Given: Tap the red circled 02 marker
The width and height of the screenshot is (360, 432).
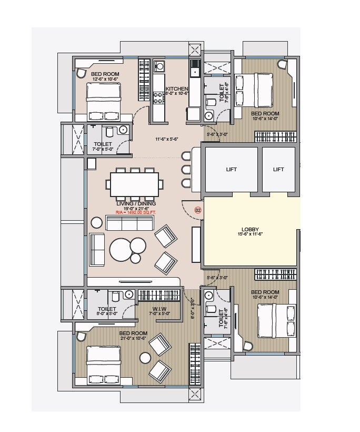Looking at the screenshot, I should click(198, 210).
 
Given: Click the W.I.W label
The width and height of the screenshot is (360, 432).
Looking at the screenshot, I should click(159, 309).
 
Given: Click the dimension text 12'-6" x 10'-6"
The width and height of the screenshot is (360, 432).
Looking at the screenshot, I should click(105, 79).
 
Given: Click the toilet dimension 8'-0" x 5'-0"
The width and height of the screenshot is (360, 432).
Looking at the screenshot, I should click(107, 315).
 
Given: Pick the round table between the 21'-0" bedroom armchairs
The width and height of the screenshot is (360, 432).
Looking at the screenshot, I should click(144, 358).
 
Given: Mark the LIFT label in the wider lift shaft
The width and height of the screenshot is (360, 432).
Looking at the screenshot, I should click(231, 169).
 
